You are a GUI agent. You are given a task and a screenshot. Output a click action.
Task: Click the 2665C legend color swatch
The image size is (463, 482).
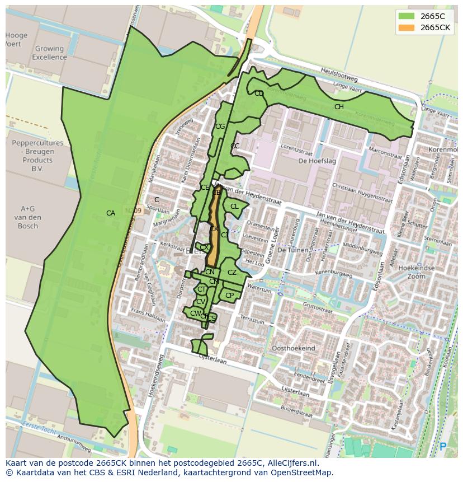point(407,16)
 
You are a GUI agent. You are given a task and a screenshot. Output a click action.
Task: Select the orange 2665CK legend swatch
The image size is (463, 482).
point(407,27)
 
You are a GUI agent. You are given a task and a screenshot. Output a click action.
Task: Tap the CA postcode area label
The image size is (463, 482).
point(111,213)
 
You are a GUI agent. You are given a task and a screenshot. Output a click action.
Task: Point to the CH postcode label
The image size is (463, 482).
point(339,107)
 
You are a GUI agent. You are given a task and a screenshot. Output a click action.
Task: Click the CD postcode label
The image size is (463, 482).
point(259,93)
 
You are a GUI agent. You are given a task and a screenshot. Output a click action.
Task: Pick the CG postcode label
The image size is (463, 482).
point(220,127)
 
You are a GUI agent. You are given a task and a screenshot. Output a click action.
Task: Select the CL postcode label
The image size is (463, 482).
point(234,207)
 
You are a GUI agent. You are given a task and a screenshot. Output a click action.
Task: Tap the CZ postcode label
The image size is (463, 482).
point(232,273)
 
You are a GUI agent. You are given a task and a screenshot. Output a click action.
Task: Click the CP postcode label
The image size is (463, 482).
point(229,295)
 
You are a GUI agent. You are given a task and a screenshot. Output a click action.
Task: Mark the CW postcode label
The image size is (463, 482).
point(195,313)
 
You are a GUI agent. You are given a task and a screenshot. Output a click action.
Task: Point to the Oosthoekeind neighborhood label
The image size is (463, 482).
point(293,348)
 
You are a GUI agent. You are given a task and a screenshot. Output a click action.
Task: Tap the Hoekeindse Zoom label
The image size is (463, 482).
point(416,272)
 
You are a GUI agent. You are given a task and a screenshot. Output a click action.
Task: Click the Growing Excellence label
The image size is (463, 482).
point(49,53)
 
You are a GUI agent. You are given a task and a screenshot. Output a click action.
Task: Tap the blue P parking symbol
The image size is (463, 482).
point(443,447)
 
